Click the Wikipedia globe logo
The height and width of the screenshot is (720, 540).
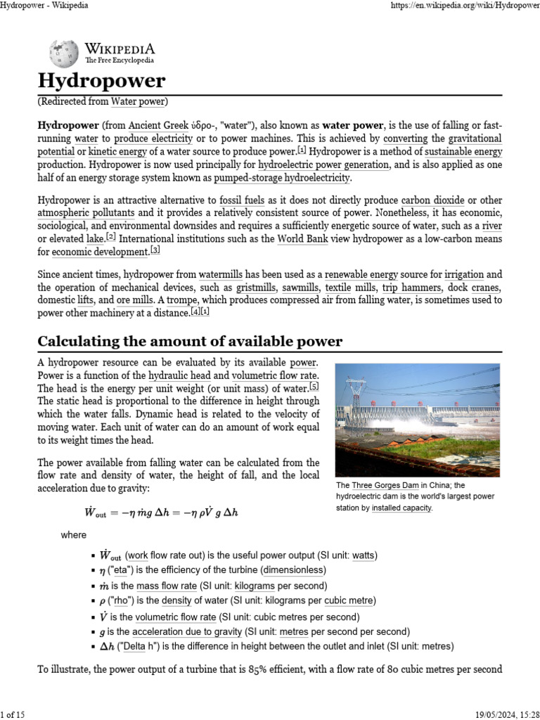[64, 54]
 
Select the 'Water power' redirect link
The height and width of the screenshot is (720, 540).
[138, 101]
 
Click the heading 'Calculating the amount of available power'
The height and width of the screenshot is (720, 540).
[190, 342]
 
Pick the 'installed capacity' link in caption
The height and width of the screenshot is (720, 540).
[401, 508]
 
